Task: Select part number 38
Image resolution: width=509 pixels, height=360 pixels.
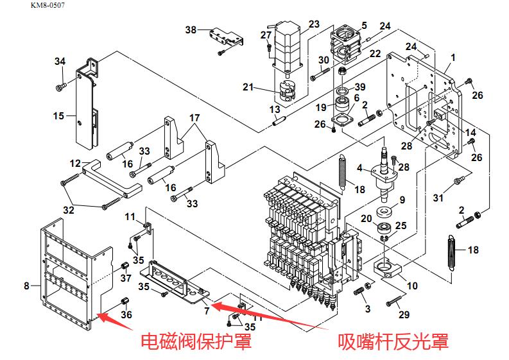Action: [x=191, y=30]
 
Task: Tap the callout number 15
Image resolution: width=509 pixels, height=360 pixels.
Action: [x=59, y=116]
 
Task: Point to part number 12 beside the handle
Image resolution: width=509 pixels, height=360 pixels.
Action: [x=75, y=163]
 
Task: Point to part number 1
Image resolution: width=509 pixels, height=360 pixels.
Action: [x=453, y=58]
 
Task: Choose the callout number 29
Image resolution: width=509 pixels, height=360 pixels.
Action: [x=404, y=314]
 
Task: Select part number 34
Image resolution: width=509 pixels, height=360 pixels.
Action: [x=60, y=62]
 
